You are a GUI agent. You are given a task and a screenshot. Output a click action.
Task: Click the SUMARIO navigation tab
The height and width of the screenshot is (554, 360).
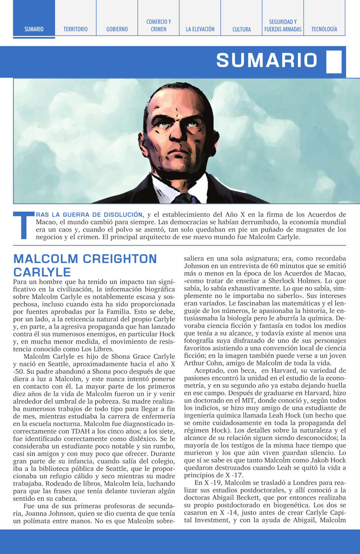(34, 29)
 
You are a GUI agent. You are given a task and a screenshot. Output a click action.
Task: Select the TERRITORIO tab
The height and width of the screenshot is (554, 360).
(75, 29)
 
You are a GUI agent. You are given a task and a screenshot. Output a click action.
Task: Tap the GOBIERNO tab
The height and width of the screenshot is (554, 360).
(117, 29)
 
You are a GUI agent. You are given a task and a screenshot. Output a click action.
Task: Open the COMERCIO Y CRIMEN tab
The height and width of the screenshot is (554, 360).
(158, 25)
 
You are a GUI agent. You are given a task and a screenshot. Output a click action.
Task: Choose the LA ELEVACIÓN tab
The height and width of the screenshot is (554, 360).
(200, 29)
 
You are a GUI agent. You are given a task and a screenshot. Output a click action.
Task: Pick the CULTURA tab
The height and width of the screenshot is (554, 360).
(241, 29)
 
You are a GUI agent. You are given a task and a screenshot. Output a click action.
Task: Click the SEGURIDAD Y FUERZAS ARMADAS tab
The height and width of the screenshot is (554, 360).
(283, 25)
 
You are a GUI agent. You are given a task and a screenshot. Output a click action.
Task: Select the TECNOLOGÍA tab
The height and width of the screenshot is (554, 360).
(324, 29)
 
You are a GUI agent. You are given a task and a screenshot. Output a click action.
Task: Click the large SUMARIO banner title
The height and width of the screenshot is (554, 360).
(267, 61)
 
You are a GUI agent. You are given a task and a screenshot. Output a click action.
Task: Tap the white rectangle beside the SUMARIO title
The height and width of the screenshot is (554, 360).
(334, 61)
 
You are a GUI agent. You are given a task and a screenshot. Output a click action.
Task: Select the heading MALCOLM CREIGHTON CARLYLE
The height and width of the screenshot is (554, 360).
(85, 265)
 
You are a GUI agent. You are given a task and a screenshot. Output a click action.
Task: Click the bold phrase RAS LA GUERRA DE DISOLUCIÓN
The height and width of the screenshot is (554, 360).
(89, 215)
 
